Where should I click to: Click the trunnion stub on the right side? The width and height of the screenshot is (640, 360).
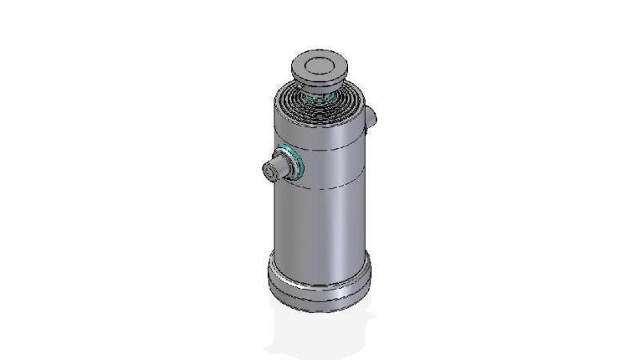click(x=371, y=118)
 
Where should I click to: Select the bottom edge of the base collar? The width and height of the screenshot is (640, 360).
click(x=320, y=310)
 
